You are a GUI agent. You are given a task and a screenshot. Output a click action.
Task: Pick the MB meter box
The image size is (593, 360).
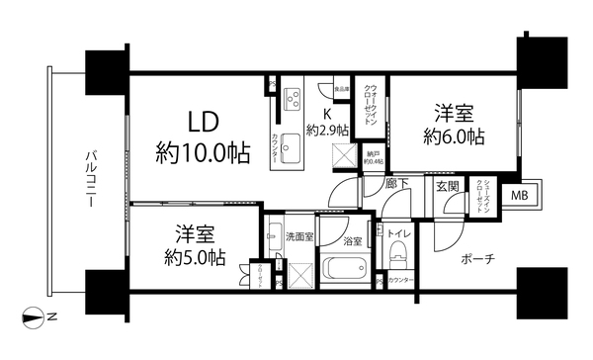point(519,195)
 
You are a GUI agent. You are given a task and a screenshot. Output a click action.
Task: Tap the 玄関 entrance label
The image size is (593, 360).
point(447,185)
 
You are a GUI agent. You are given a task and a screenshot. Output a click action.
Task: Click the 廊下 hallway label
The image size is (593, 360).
point(372,185)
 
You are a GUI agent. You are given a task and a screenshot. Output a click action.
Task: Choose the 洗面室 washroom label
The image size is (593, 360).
point(299,237)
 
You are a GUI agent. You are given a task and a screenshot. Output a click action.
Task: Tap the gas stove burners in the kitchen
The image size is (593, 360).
point(294,99)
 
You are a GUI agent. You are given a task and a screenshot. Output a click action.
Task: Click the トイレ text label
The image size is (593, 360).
point(402,233)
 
